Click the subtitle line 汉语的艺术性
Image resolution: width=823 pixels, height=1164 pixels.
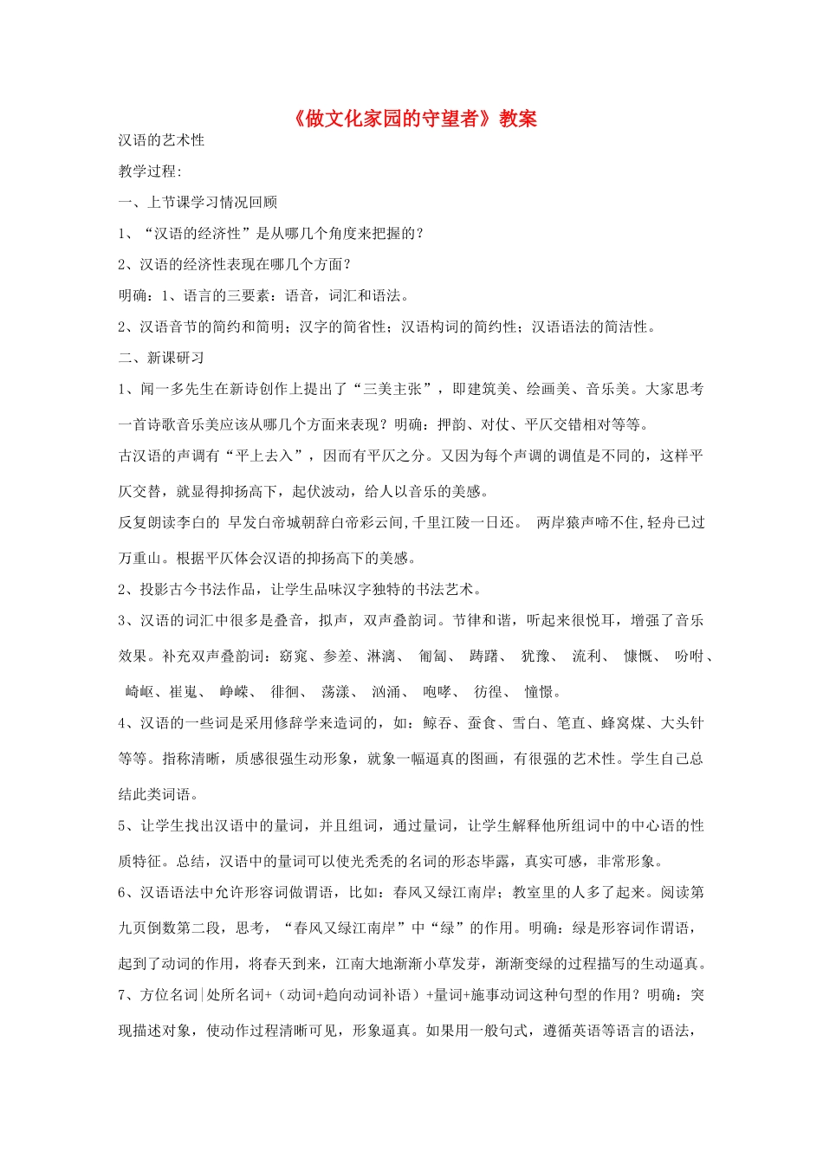pyautogui.click(x=161, y=140)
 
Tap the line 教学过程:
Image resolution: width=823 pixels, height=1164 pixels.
pyautogui.click(x=150, y=171)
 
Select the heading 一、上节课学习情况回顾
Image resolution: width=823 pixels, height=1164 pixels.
pyautogui.click(x=198, y=203)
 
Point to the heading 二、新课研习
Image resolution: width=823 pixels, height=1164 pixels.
pyautogui.click(x=161, y=358)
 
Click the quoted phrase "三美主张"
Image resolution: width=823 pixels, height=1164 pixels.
pyautogui.click(x=394, y=390)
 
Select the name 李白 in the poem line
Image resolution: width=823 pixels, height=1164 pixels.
pyautogui.click(x=205, y=523)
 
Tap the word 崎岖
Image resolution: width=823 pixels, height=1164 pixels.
pyautogui.click(x=139, y=692)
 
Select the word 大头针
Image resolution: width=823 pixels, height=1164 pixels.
pyautogui.click(x=682, y=723)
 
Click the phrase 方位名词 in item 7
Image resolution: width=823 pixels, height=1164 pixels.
pyautogui.click(x=169, y=996)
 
